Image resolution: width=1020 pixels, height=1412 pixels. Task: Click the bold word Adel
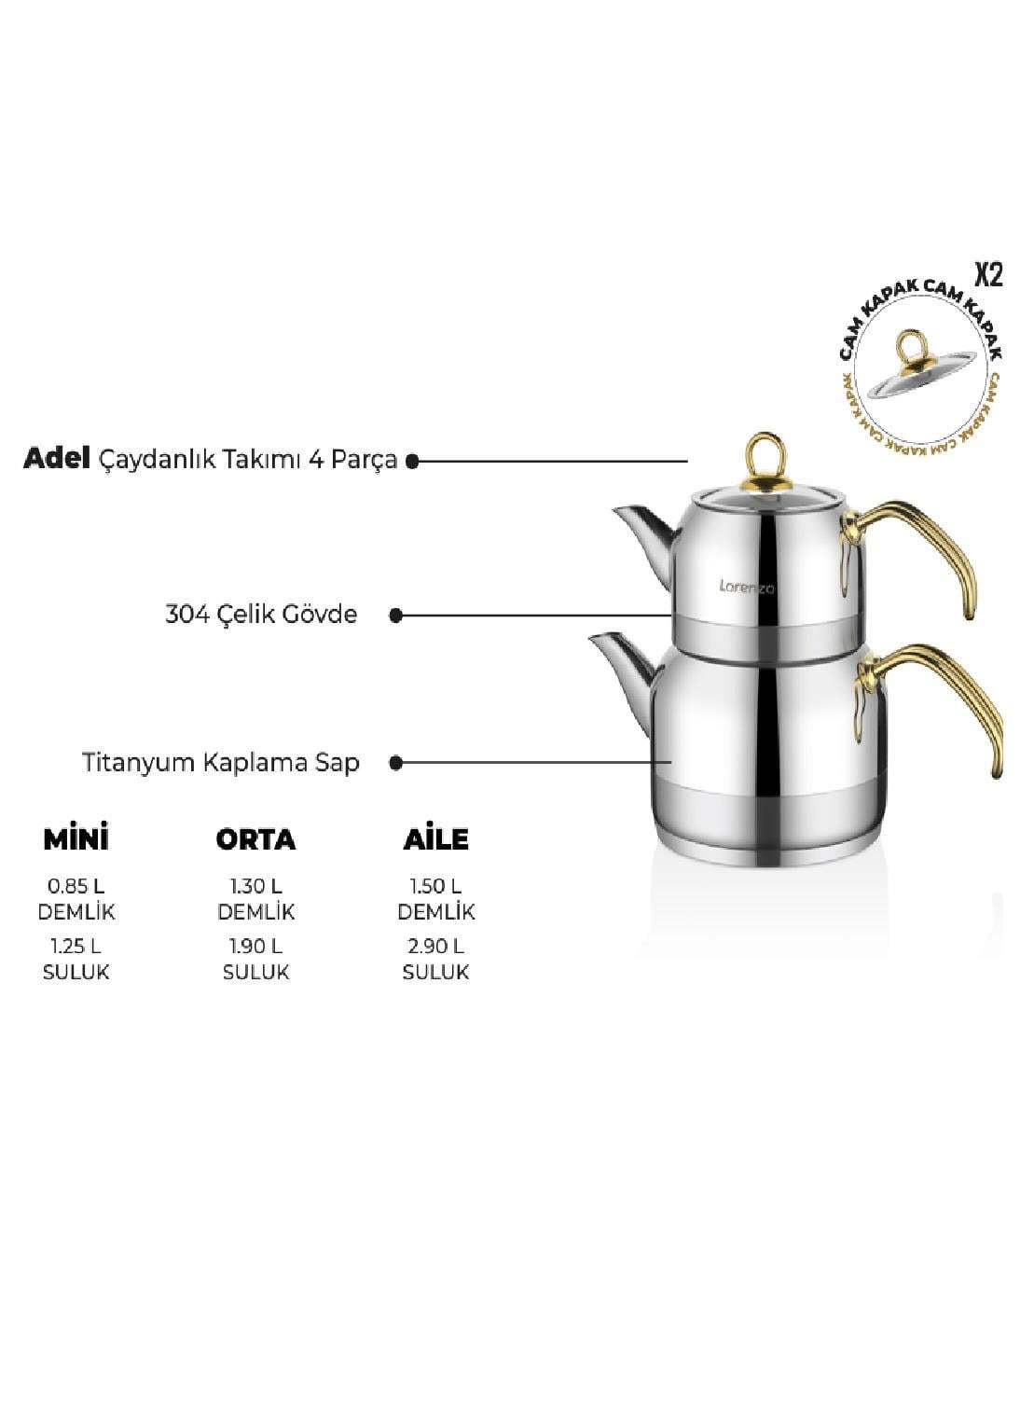pos(57,459)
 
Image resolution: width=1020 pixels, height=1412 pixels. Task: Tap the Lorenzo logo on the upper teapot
pos(747,587)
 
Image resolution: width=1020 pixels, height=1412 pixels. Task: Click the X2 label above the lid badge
pos(988,275)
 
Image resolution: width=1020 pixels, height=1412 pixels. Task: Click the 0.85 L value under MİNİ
pos(76,886)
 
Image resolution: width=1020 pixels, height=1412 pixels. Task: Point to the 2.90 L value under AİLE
pos(436,947)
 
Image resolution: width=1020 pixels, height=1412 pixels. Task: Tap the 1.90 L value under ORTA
pos(255,947)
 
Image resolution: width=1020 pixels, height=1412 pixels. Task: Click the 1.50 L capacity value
pos(436,886)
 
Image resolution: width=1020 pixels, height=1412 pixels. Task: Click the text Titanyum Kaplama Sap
pos(221,763)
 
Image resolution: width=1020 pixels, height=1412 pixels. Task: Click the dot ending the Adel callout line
pos(412,462)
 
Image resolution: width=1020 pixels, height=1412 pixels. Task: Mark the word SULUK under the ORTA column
pos(255,972)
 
